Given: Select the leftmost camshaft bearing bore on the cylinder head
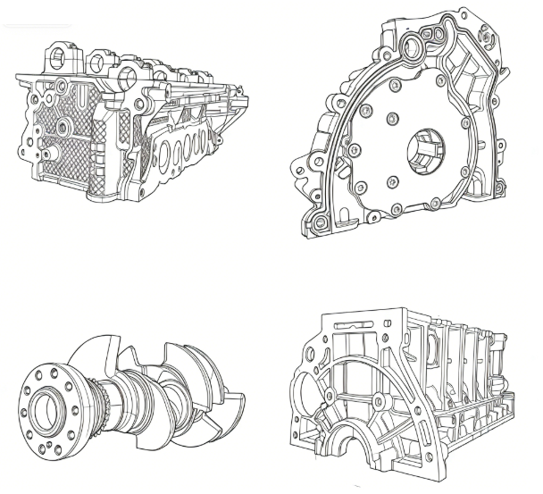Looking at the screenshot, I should (x=59, y=59).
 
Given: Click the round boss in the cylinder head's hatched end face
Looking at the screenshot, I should (x=63, y=128).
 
